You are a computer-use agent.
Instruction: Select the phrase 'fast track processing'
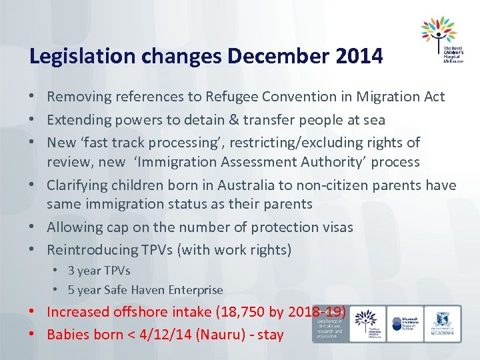click(x=151, y=142)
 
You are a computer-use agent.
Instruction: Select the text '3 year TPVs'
click(x=99, y=271)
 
